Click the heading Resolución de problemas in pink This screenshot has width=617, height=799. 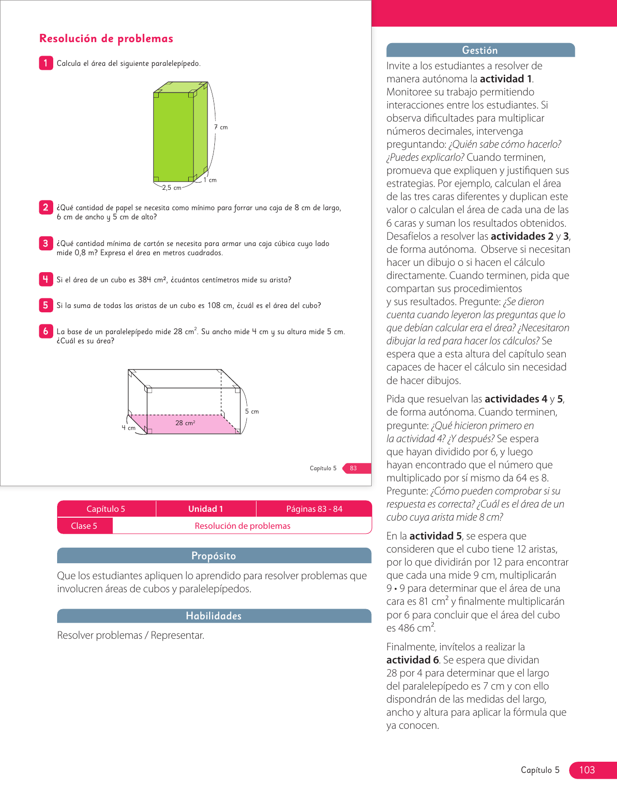(106, 39)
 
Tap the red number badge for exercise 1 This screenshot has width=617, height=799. (45, 63)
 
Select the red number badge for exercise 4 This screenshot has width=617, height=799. (45, 279)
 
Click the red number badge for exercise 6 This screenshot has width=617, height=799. (45, 331)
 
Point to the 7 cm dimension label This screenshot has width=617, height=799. (221, 127)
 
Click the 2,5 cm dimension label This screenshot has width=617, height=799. (171, 188)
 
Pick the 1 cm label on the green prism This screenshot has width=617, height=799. (210, 180)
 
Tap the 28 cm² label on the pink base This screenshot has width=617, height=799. (185, 423)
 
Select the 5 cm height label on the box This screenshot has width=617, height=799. (252, 412)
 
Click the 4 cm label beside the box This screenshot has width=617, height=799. (128, 428)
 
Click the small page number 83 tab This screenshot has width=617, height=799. (354, 468)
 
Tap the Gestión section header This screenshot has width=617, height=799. (480, 50)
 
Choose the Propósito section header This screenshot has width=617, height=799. (213, 556)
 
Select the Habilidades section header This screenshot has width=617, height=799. (213, 616)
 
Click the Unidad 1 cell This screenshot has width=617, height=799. (206, 509)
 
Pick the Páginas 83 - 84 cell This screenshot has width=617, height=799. (314, 509)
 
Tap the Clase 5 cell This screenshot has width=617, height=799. (84, 526)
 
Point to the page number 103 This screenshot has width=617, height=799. (587, 770)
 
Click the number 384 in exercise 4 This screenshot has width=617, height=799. (145, 280)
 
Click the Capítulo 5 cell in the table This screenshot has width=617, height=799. (105, 509)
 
